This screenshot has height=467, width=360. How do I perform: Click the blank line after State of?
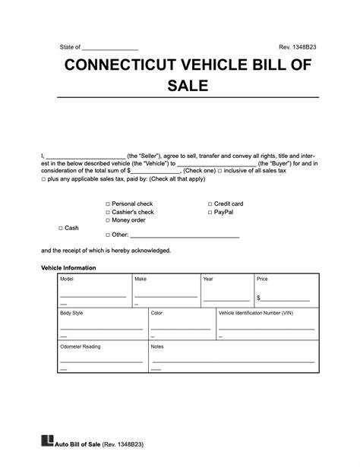click(x=110, y=48)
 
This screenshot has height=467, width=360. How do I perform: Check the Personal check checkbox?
click(x=108, y=204)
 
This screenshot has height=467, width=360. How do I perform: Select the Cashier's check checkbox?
click(x=108, y=213)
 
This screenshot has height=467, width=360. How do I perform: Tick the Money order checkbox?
click(x=108, y=220)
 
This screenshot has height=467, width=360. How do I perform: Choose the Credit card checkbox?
click(x=210, y=204)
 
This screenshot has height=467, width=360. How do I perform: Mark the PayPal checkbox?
click(x=210, y=213)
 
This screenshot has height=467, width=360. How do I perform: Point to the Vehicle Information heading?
click(x=68, y=268)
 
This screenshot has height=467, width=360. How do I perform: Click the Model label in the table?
click(x=66, y=279)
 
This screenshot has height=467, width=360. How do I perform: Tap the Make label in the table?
click(x=141, y=279)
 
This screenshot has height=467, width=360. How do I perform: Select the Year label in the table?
click(x=208, y=279)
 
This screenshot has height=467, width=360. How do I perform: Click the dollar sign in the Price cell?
click(x=258, y=298)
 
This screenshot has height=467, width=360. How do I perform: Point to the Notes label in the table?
click(x=158, y=346)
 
